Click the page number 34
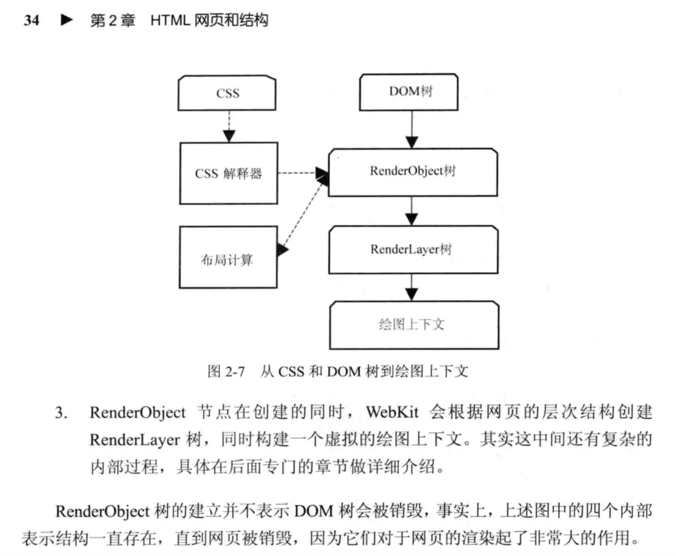(32, 21)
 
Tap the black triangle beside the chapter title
(67, 20)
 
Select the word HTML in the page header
(170, 21)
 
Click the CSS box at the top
(227, 93)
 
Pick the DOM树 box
(409, 92)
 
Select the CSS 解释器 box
(229, 173)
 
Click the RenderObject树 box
(413, 172)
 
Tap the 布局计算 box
(228, 258)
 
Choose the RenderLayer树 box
(413, 250)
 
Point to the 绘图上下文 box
(414, 325)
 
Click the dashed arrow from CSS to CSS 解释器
(229, 126)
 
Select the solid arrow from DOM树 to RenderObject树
(412, 130)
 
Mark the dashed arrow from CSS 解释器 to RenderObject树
(303, 173)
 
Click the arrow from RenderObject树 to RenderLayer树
(412, 211)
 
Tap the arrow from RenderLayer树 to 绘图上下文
(412, 288)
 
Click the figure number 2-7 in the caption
(235, 372)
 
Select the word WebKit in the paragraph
(393, 412)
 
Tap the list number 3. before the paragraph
(61, 413)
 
